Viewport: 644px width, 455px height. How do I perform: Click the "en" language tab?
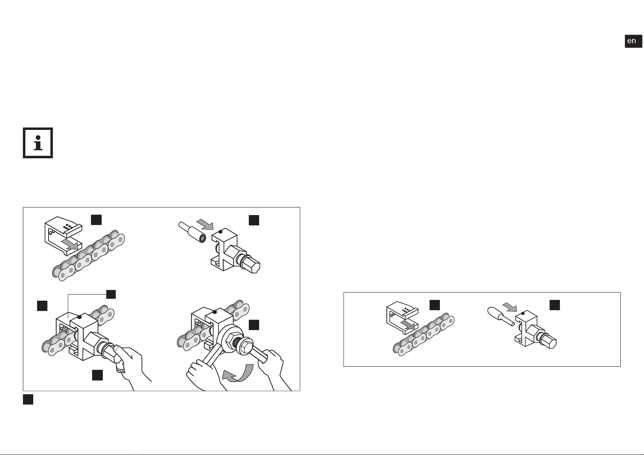coord(633,41)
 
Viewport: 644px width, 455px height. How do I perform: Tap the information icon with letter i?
coord(38,143)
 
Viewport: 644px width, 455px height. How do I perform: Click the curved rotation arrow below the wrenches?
coord(238,373)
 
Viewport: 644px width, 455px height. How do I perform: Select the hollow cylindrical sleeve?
coord(192,232)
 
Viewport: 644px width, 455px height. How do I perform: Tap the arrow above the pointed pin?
coord(510,307)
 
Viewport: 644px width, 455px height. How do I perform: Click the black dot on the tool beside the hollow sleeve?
coord(221,232)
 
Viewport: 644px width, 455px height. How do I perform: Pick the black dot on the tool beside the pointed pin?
coord(523,313)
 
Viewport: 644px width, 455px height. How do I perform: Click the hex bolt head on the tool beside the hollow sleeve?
coord(251,265)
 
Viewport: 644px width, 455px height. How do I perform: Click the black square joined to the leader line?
coord(111,294)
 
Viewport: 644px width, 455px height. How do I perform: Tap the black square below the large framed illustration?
coord(28,400)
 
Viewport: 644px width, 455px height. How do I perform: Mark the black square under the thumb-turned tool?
coord(97,376)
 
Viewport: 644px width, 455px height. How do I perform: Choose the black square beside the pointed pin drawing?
coord(555,305)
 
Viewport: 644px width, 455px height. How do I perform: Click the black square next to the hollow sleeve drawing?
coord(254,220)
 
